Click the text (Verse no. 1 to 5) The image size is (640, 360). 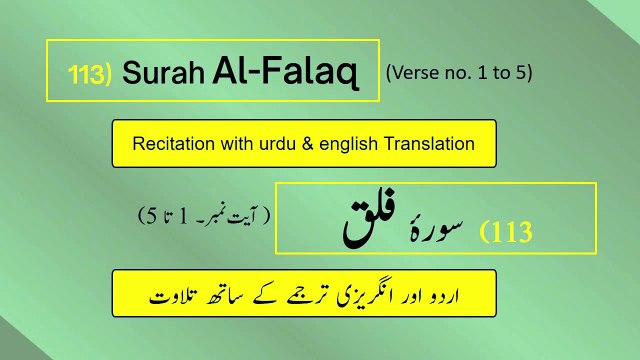(458, 72)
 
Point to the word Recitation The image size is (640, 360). (171, 143)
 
